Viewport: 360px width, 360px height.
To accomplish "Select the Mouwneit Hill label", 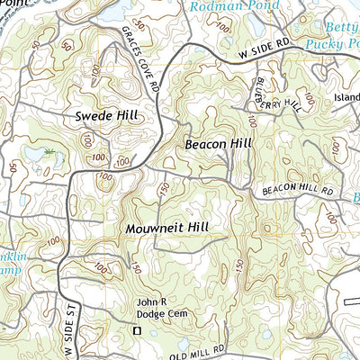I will click(167, 229).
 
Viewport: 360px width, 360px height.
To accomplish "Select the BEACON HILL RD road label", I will click(298, 191).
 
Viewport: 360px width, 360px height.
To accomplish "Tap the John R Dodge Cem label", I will click(154, 309).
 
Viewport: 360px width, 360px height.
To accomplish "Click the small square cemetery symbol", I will click(138, 330).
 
